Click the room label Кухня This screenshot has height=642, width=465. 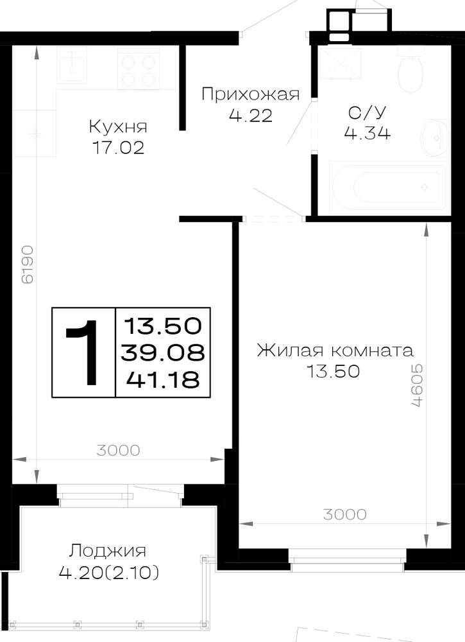pyautogui.click(x=118, y=127)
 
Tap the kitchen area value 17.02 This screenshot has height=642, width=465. pyautogui.click(x=118, y=148)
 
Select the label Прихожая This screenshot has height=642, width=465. pyautogui.click(x=251, y=95)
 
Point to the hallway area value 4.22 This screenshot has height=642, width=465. pyautogui.click(x=251, y=116)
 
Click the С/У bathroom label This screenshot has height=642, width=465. pyautogui.click(x=368, y=112)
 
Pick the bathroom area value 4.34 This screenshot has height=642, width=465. pyautogui.click(x=368, y=133)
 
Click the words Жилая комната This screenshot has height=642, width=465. pyautogui.click(x=335, y=351)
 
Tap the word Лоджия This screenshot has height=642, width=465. pyautogui.click(x=107, y=551)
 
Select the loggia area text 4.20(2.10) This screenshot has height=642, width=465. pyautogui.click(x=109, y=573)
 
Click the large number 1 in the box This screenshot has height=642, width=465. pyautogui.click(x=83, y=352)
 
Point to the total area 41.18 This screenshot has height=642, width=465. pyautogui.click(x=163, y=379)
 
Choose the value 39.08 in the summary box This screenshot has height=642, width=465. pyautogui.click(x=163, y=352)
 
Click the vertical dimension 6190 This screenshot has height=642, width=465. pyautogui.click(x=28, y=265)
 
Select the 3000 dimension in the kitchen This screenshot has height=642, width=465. pyautogui.click(x=118, y=451)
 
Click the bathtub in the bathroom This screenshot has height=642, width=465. pyautogui.click(x=387, y=187)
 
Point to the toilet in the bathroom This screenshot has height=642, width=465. pyautogui.click(x=410, y=69)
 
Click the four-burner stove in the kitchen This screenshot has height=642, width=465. pyautogui.click(x=139, y=69)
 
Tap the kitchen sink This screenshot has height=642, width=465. pyautogui.click(x=72, y=65)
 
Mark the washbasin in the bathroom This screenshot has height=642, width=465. pyautogui.click(x=435, y=137)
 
